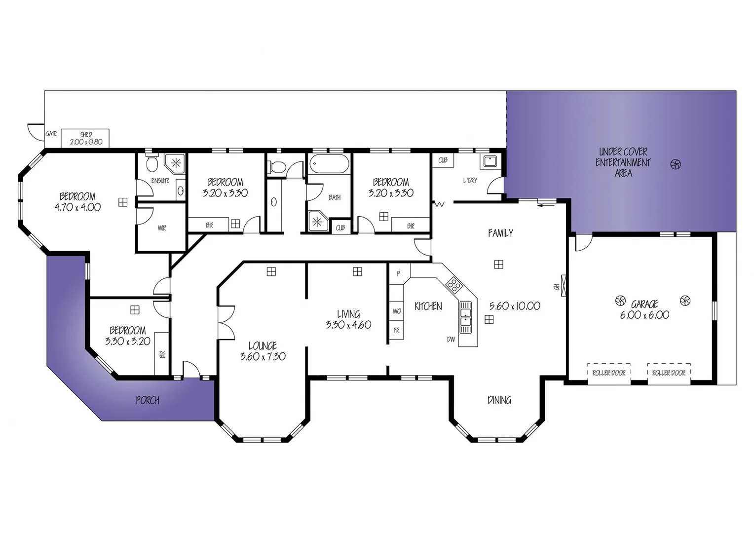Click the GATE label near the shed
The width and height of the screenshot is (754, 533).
(x=51, y=134)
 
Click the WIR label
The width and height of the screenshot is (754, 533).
(x=162, y=228)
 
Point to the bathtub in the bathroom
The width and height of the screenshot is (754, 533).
(x=329, y=163)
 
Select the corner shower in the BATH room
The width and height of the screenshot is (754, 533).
(x=318, y=221)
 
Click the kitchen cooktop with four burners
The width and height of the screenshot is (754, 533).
(x=453, y=284)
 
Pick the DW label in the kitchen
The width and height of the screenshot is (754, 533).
(x=451, y=340)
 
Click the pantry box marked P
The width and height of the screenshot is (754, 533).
(x=398, y=273)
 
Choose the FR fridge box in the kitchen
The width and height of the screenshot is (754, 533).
(x=396, y=331)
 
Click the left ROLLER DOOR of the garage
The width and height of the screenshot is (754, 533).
(x=609, y=373)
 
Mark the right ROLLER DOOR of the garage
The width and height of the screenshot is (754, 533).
(x=669, y=373)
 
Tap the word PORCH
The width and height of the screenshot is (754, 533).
(x=148, y=400)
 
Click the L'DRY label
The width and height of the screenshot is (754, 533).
(x=470, y=181)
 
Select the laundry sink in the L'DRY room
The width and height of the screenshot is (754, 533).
(x=490, y=161)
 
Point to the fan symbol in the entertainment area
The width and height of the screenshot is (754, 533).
(x=676, y=164)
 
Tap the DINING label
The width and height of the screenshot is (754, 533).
(x=499, y=400)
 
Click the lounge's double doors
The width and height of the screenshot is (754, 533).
(x=226, y=322)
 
